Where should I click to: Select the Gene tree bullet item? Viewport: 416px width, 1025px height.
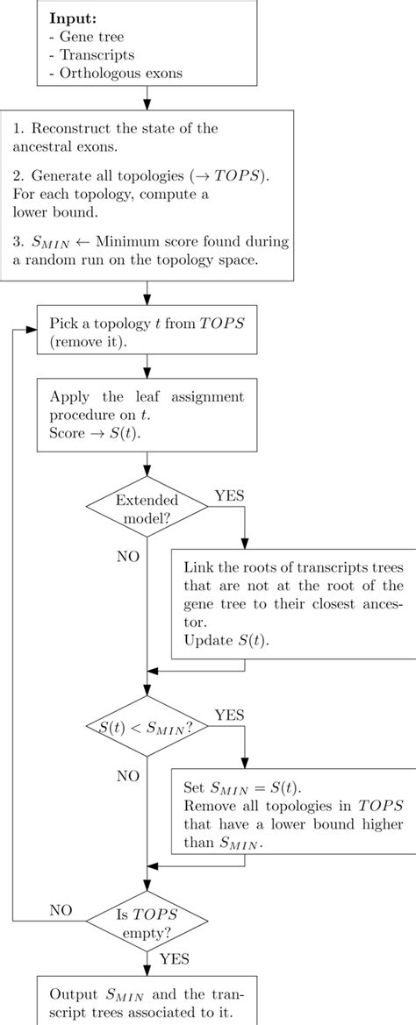pos(90,37)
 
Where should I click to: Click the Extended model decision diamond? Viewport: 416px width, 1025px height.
pos(146,508)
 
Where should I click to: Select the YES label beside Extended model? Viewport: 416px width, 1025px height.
pos(230,495)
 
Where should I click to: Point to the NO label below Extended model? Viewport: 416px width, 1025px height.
pos(128,557)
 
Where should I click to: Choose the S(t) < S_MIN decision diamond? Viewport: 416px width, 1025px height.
pos(146,725)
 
